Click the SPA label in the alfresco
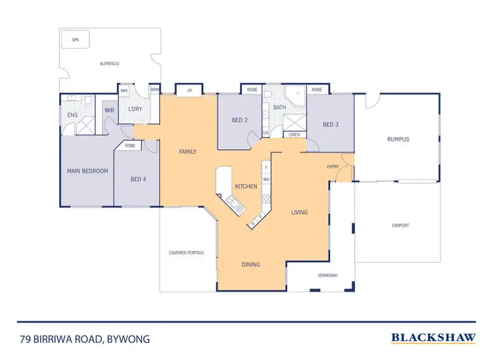[x=76, y=41]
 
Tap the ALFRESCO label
[x=109, y=64]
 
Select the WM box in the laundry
[x=124, y=91]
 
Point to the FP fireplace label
[x=189, y=90]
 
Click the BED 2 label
[x=240, y=120]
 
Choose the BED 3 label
[x=331, y=125]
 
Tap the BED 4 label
[x=137, y=179]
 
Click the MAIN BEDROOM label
[x=87, y=171]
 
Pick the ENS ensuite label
[x=72, y=115]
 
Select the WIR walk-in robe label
[x=109, y=110]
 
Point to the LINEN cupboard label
[x=294, y=135]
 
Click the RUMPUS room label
[x=398, y=139]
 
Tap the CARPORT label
[x=400, y=225]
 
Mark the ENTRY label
[x=333, y=167]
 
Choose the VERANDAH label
[x=327, y=275]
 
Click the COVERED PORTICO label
[x=186, y=252]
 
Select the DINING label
[x=250, y=265]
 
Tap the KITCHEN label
[x=246, y=187]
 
